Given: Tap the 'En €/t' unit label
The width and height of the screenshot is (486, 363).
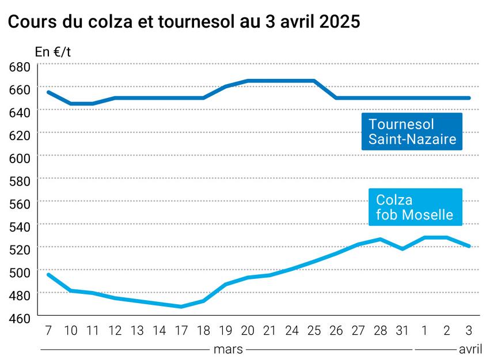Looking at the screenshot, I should point(53,52).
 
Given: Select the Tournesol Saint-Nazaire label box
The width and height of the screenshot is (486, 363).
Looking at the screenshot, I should point(412,131).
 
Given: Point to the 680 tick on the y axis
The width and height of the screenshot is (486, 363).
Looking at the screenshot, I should point(20,67).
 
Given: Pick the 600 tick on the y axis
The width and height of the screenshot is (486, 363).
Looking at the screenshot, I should point(20,156).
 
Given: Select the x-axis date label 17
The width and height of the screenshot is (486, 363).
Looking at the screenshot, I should point(181,331).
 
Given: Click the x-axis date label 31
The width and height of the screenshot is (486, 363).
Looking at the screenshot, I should point(403,331).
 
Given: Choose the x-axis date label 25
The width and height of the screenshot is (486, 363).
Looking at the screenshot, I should point(314,331).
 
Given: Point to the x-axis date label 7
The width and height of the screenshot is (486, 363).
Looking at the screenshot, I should point(48,331).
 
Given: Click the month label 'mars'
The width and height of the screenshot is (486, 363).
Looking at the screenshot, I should point(227,349).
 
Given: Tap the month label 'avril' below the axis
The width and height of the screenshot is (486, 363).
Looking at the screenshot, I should point(470,349).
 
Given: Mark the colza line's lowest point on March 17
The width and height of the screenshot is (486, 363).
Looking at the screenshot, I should point(181,307).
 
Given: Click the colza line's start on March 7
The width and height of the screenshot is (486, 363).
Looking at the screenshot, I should point(48,274).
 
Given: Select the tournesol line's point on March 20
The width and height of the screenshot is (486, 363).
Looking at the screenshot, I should point(248,81).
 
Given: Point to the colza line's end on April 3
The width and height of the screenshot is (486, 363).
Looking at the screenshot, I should point(469,246).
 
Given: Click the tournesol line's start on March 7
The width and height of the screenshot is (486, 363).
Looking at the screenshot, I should point(48,92).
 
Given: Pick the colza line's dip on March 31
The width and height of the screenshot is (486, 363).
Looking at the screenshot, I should point(403,249).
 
